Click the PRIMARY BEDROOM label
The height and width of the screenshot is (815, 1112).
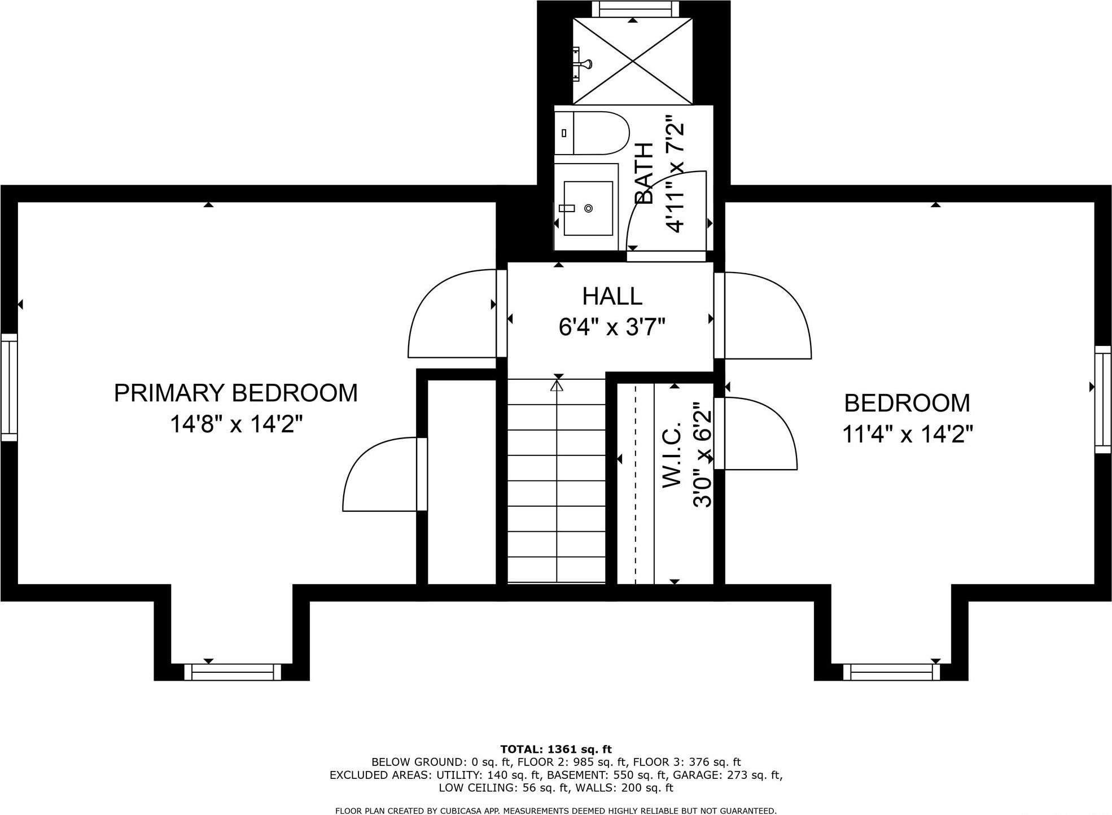point(236,393)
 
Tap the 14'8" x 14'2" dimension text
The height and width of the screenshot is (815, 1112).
point(237,424)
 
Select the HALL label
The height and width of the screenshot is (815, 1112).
point(612,296)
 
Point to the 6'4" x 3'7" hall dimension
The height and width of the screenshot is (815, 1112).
point(612,327)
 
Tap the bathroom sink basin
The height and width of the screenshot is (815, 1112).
point(588,208)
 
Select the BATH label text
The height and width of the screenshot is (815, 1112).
point(644,173)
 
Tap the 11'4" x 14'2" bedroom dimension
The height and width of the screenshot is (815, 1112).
point(908,435)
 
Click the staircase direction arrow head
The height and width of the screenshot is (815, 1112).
point(557,386)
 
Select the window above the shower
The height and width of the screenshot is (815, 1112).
point(633,10)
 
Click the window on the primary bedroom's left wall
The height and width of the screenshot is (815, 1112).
point(9,387)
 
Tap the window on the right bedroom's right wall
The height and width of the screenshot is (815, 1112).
point(1103,400)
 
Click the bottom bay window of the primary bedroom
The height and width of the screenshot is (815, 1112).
point(233,672)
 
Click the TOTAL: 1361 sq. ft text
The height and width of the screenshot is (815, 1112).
point(555,750)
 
